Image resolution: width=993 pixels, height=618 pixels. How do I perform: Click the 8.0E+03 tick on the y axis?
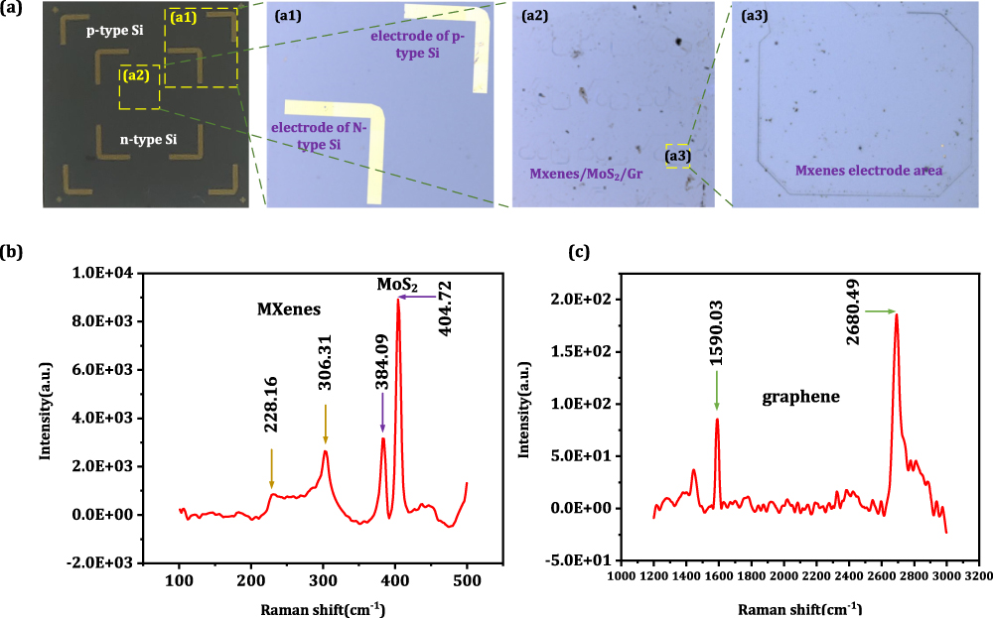coord(107,320)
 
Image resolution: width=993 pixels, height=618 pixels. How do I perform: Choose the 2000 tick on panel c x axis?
coord(783,573)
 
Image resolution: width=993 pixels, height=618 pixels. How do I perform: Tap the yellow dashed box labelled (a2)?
coord(139,88)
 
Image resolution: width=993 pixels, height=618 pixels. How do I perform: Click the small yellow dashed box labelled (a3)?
coord(677,155)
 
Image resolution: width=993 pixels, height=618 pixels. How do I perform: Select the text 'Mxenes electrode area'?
coord(868,171)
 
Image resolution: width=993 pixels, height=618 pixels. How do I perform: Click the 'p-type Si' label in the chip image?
coord(114,31)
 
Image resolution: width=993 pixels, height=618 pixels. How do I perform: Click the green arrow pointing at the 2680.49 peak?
coord(880,311)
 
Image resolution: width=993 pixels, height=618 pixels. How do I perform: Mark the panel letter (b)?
coord(16,251)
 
